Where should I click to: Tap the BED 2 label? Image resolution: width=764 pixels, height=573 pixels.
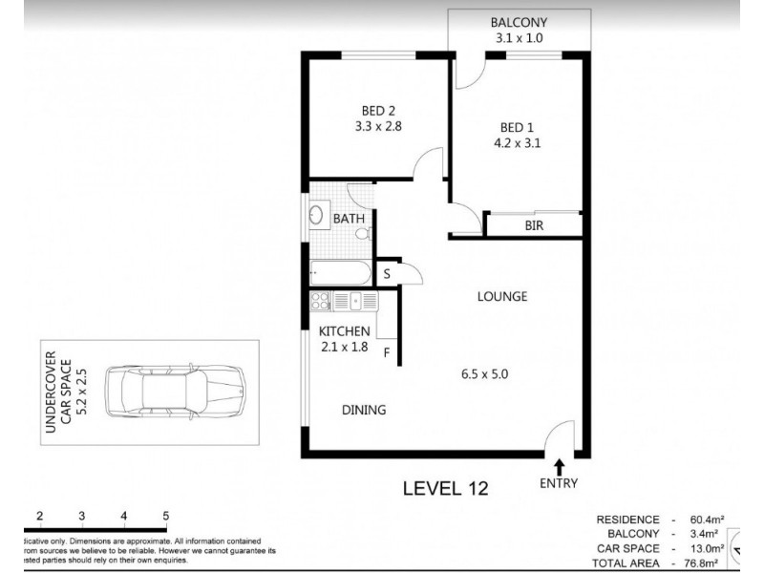[x=374, y=109]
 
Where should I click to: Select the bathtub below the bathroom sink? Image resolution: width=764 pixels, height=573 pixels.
[x=339, y=273]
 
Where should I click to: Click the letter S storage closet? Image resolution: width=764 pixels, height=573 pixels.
[x=387, y=274]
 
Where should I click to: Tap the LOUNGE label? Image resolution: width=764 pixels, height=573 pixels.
[x=502, y=296]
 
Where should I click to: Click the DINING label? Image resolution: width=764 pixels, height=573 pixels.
[x=364, y=411]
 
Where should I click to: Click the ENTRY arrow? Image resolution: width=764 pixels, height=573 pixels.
[x=559, y=467]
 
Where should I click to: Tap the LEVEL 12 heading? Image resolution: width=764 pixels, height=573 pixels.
[x=445, y=489]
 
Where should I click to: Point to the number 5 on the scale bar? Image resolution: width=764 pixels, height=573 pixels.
[x=166, y=517]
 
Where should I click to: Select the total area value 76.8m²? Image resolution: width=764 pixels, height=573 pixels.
[x=702, y=564]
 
